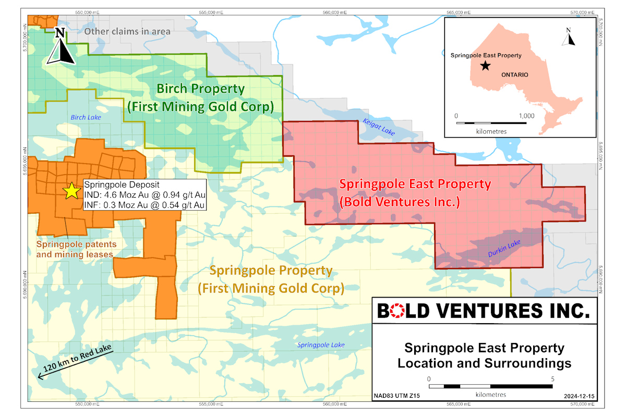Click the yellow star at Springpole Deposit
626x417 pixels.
(70, 191)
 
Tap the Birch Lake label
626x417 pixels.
(86, 117)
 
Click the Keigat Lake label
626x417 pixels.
(379, 128)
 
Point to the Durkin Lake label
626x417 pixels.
(504, 248)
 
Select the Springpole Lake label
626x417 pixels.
(321, 345)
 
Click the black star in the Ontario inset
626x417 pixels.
(486, 66)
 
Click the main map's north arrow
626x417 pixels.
(60, 47)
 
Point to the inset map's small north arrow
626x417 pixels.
(571, 38)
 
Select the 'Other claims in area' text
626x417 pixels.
(127, 31)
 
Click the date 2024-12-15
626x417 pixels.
(579, 396)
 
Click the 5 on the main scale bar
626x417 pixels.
(552, 378)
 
